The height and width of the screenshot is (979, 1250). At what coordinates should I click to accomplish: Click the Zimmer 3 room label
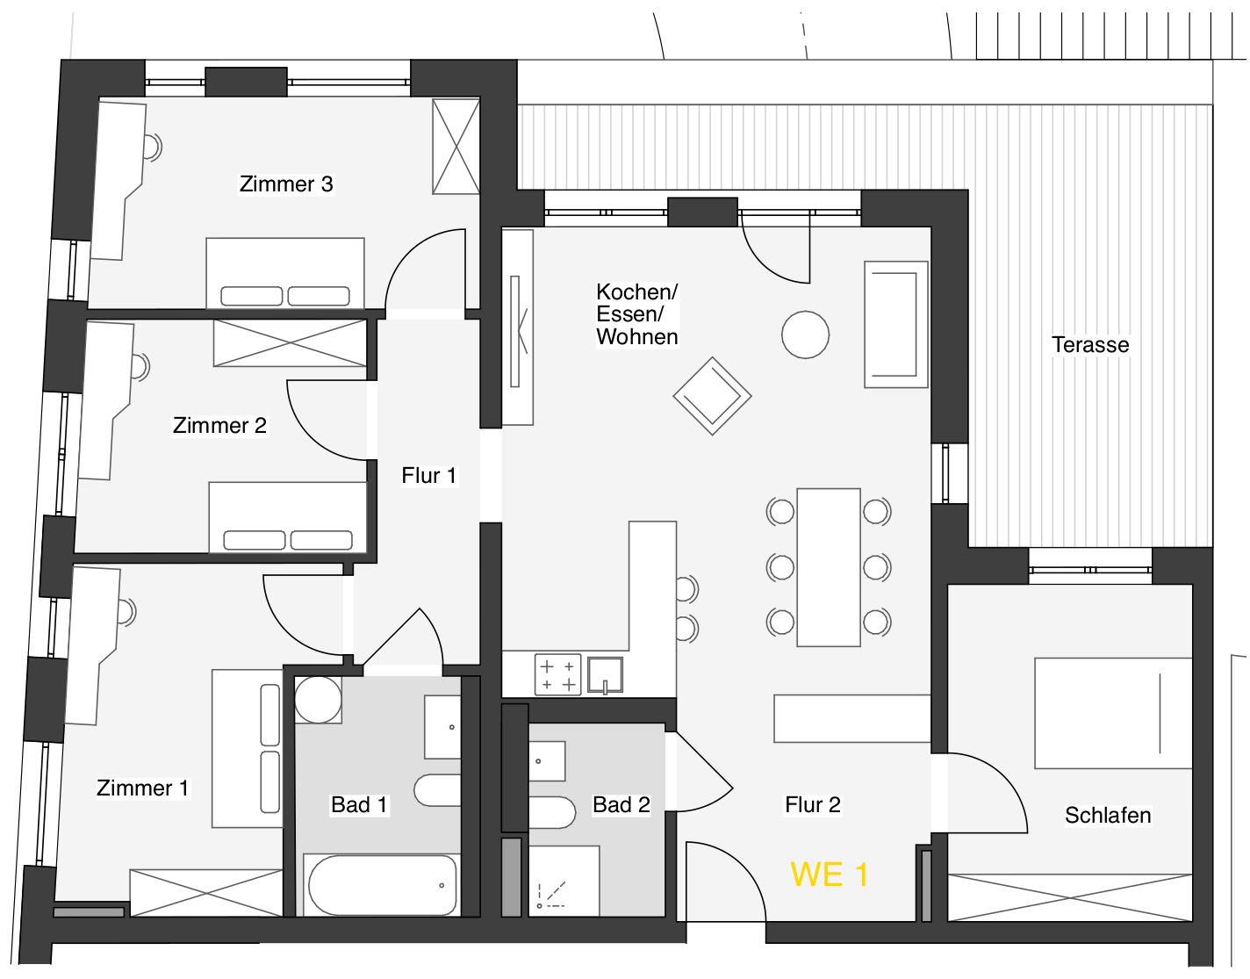coord(286,184)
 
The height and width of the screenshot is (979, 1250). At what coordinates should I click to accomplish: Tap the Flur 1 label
coord(428,476)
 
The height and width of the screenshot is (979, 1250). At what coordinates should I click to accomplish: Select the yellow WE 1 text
coord(829,875)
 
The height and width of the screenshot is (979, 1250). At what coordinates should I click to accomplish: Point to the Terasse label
coord(1090,344)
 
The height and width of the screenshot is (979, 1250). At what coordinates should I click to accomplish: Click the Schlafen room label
coord(1107,815)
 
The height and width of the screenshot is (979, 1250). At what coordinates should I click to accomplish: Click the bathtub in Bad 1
coord(382,885)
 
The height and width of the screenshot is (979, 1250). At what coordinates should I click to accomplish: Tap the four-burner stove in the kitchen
coord(557,674)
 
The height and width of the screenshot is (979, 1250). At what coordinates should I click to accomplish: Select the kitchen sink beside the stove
coord(605,674)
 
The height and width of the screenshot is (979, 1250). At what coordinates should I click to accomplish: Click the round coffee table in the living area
coord(805,335)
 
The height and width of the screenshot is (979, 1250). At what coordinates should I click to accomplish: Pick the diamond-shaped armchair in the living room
coord(712,396)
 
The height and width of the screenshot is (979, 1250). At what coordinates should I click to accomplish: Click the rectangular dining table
coord(829,567)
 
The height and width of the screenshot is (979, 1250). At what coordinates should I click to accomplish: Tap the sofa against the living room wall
coord(895,324)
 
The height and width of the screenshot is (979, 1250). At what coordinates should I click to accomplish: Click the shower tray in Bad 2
coord(564,881)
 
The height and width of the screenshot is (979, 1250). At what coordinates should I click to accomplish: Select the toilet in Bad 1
coord(437,790)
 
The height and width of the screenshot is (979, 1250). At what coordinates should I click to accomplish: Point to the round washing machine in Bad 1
coord(318,700)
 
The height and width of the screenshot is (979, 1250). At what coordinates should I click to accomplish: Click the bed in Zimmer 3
coord(285,273)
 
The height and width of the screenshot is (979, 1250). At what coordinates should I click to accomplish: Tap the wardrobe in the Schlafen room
coord(1070,897)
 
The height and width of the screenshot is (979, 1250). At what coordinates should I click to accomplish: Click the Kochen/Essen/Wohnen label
coord(636,314)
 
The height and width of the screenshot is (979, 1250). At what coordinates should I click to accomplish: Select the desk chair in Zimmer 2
coord(140,366)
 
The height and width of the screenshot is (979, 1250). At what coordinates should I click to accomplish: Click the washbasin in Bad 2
coord(547,761)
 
